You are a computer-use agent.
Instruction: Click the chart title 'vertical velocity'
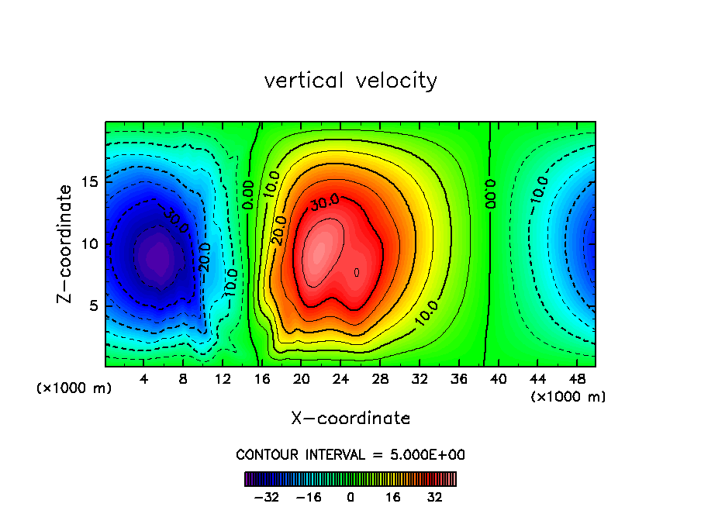(x=350, y=81)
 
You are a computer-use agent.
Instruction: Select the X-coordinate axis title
(x=350, y=419)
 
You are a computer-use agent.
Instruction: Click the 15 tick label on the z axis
(x=91, y=182)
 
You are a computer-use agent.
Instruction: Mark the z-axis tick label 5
(x=95, y=306)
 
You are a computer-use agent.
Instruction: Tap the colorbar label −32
(x=266, y=497)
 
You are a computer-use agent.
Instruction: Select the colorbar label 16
(x=393, y=497)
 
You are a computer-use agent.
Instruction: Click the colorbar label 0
(x=350, y=497)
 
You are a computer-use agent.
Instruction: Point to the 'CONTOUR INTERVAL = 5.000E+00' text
(x=350, y=454)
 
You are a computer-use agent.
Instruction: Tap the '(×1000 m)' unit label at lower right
(x=568, y=397)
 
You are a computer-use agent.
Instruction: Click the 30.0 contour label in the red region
(x=324, y=204)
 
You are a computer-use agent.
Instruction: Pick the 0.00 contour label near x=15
(x=248, y=194)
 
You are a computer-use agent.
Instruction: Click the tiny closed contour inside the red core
(x=357, y=272)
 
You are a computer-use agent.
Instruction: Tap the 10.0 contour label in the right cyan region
(x=540, y=190)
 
